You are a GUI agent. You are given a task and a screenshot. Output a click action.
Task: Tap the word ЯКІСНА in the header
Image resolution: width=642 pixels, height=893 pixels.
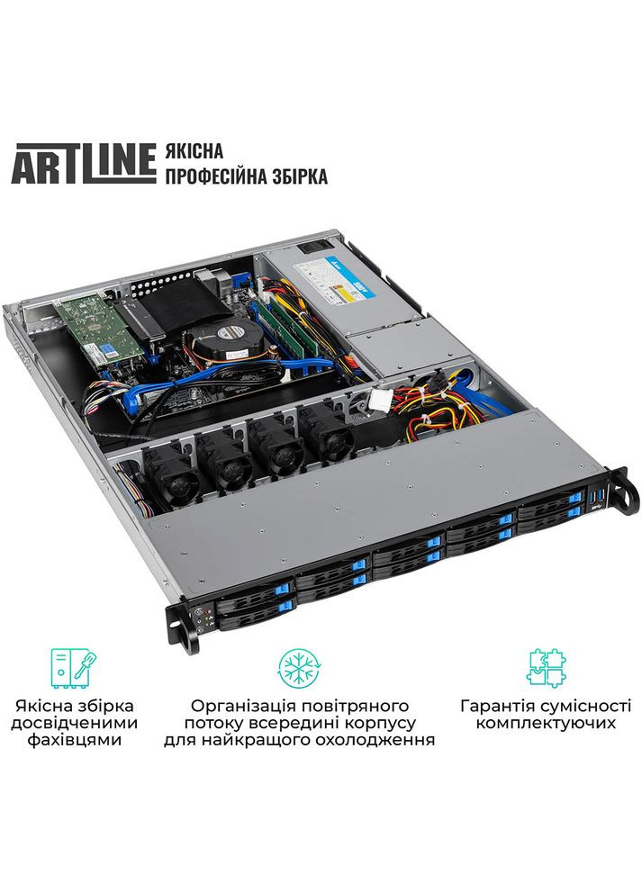coord(194,149)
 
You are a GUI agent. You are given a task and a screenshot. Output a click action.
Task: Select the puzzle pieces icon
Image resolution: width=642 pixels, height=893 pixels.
coord(546,667)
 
